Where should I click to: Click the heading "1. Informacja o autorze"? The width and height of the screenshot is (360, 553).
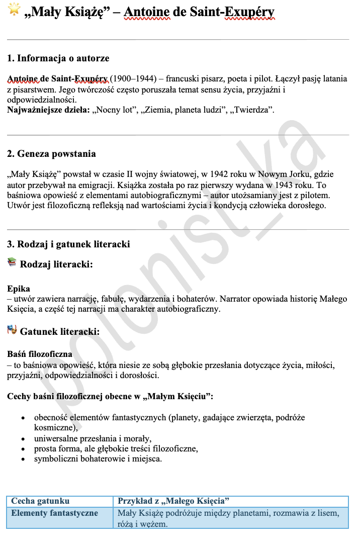point(58,58)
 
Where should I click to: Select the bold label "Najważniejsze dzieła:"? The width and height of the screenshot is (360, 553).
point(48,110)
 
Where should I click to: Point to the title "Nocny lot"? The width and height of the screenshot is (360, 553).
point(115,110)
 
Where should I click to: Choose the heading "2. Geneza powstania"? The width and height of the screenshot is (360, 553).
point(51,153)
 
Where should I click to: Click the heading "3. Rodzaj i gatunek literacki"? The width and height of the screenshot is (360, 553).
point(68,244)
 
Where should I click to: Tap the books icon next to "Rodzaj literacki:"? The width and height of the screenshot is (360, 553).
point(12,262)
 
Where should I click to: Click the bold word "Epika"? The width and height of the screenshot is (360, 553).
point(19,289)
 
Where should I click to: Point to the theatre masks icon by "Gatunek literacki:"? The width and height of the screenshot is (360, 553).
point(12,330)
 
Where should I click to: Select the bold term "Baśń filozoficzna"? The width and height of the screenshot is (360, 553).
point(40,354)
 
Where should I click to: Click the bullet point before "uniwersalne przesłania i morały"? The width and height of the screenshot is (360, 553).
point(23,438)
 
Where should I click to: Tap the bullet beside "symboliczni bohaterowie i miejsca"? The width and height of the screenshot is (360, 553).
point(23,459)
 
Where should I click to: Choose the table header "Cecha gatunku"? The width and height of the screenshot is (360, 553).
point(40,501)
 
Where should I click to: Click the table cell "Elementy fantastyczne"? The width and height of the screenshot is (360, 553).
point(55,513)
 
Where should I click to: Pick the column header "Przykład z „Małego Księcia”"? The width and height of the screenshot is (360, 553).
point(173,501)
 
